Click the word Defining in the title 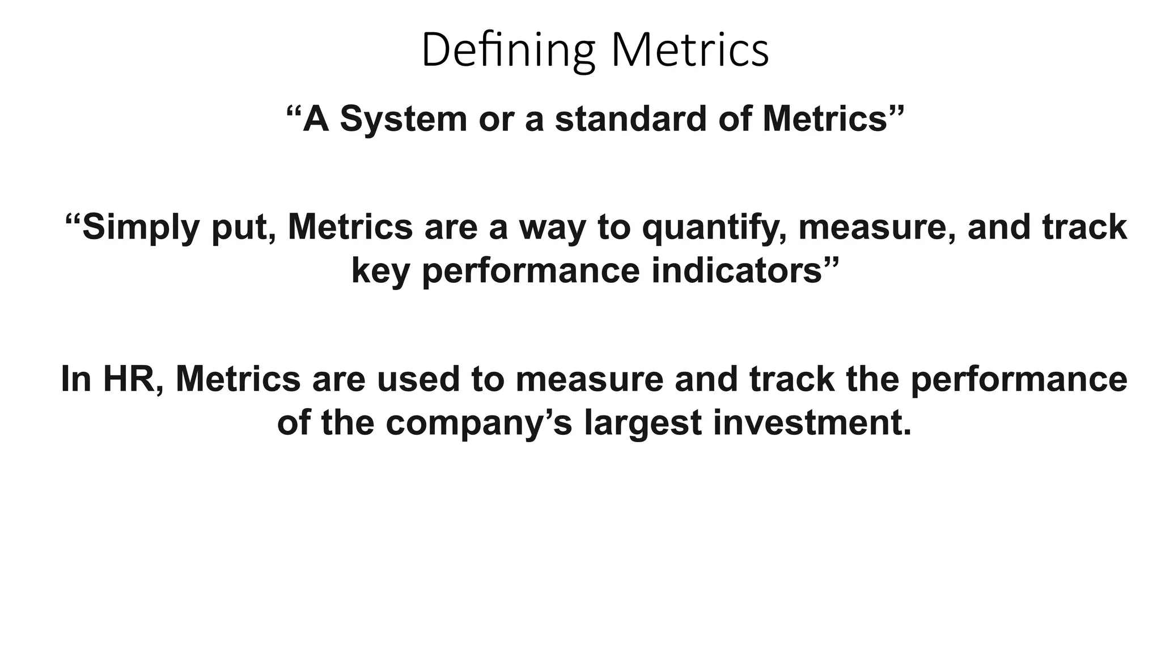(507, 51)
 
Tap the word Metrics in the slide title (689, 51)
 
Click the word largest (643, 423)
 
